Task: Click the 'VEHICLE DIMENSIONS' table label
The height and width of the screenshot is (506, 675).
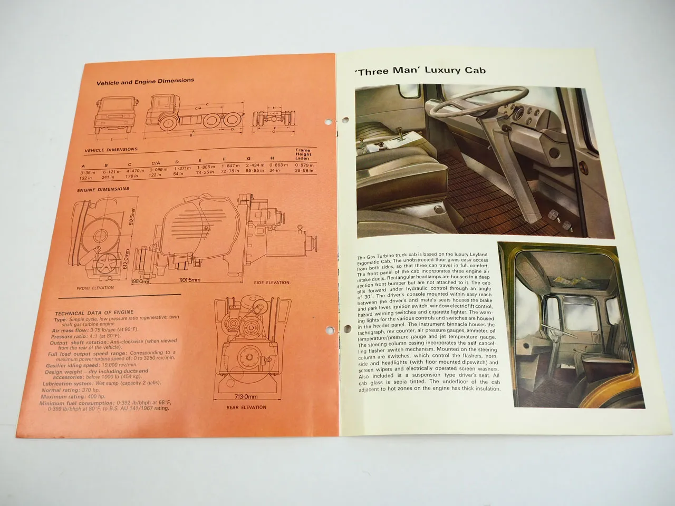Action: [111, 150]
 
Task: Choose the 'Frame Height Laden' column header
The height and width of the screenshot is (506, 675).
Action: [303, 154]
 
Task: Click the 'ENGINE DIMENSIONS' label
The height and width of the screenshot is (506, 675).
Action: [103, 189]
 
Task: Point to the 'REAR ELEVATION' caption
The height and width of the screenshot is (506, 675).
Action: [246, 407]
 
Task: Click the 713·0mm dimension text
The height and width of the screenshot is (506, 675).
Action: [246, 396]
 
